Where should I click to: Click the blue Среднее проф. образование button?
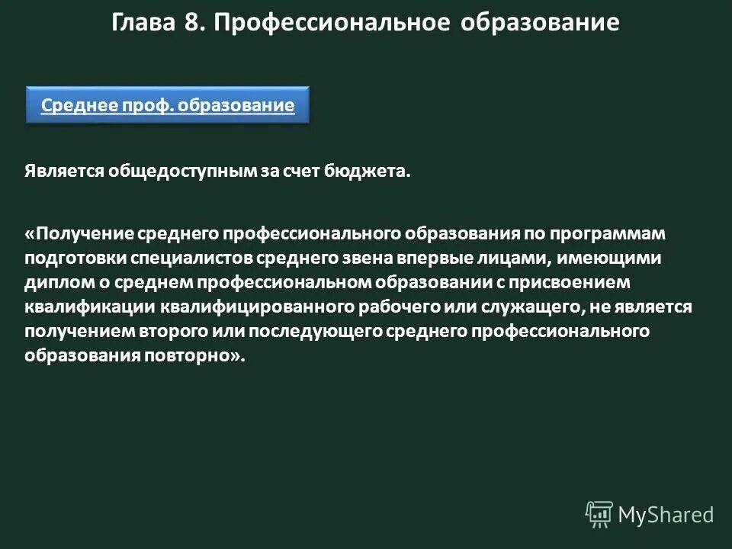pos(168,105)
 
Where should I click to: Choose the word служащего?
pos(526,307)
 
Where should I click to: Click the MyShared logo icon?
pos(599,515)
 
